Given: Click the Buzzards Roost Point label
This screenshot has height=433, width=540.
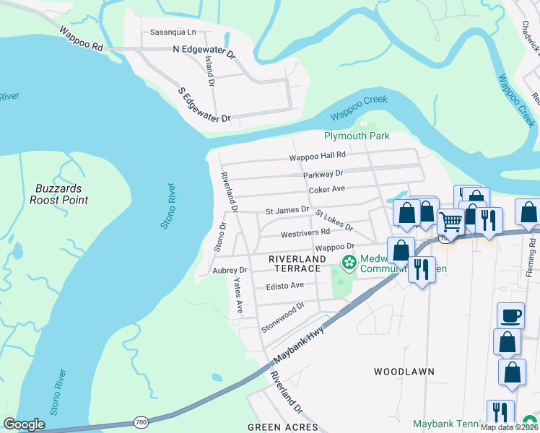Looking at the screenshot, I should [59, 194].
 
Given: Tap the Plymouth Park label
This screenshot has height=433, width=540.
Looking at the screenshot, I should [357, 136].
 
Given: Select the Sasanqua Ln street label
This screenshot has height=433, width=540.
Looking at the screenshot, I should [173, 32].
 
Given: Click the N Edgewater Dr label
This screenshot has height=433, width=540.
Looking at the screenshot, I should [204, 51].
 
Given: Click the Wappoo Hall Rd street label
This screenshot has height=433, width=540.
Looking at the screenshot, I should [318, 156].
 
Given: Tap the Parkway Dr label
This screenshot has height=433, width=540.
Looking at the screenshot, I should [323, 173].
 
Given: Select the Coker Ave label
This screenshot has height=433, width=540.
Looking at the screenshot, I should [327, 190].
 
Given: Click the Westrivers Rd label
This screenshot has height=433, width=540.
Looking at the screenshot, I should [305, 232].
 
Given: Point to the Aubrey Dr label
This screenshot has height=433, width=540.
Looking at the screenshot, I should [230, 270].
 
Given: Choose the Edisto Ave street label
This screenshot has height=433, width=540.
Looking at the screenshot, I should [284, 286].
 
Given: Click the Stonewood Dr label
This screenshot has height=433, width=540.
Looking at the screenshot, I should [283, 317].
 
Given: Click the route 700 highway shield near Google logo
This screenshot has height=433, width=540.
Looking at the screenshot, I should [140, 421].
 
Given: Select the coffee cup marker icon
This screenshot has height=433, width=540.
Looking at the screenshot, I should [511, 315].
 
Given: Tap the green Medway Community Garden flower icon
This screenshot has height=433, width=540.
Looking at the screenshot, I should [349, 261].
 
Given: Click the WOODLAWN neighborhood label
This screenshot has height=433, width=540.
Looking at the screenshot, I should [404, 372].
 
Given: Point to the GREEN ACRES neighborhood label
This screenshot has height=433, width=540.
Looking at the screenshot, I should [282, 427].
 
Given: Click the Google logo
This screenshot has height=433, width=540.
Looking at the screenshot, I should [24, 424].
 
